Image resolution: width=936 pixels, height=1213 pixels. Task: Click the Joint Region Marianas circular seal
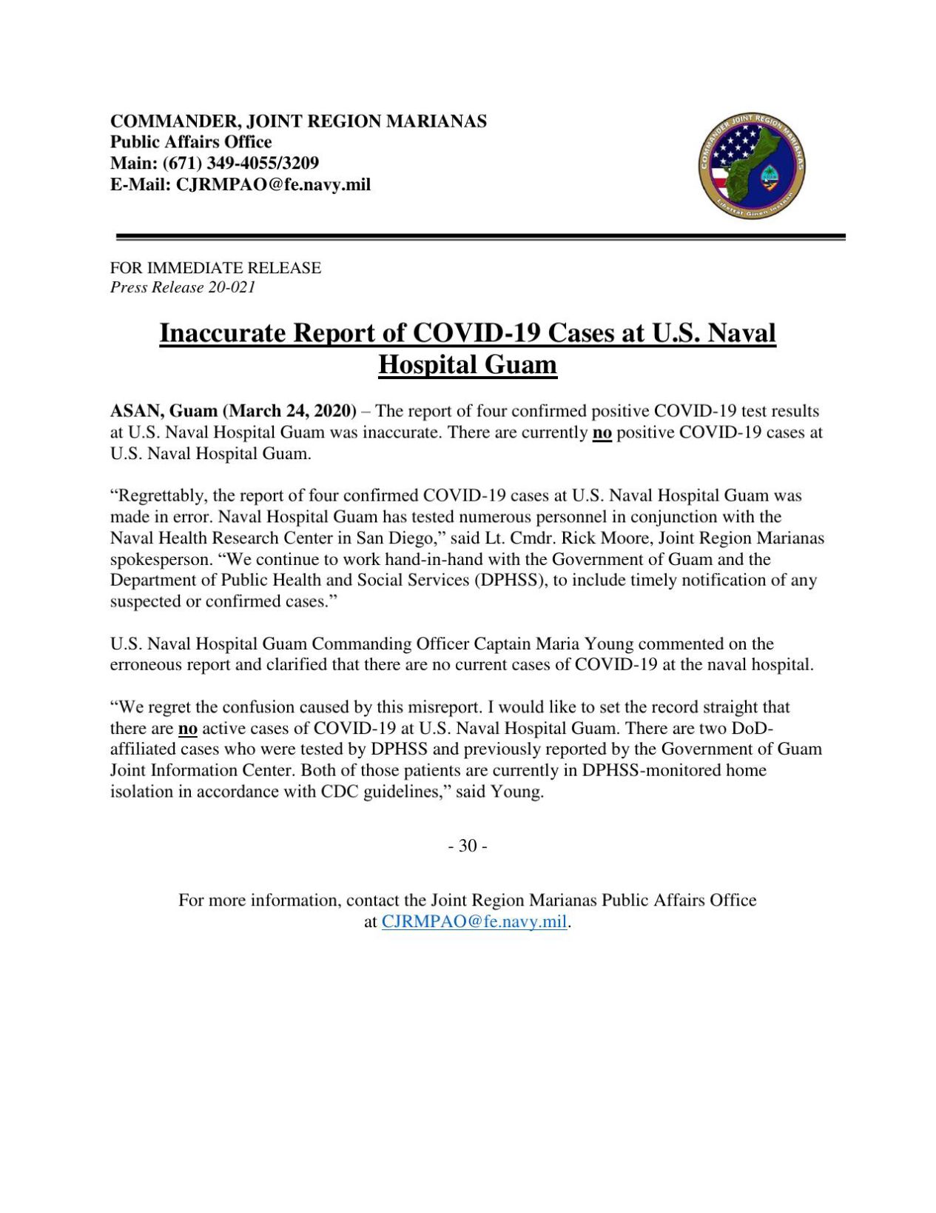point(751,167)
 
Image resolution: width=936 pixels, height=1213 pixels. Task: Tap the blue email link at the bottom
point(474,922)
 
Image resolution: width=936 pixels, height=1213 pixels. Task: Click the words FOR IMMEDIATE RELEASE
point(215,268)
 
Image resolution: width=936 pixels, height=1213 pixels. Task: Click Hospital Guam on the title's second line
point(467,365)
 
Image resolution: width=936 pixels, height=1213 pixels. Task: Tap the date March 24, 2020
point(289,411)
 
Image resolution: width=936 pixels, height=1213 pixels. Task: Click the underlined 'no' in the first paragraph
point(602,432)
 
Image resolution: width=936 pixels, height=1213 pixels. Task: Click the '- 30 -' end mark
point(467,846)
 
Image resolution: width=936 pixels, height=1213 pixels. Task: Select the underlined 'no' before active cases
point(188,729)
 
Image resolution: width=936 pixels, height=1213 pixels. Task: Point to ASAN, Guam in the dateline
point(164,411)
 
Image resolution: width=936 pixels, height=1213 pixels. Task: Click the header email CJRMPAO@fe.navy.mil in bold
point(272,184)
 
